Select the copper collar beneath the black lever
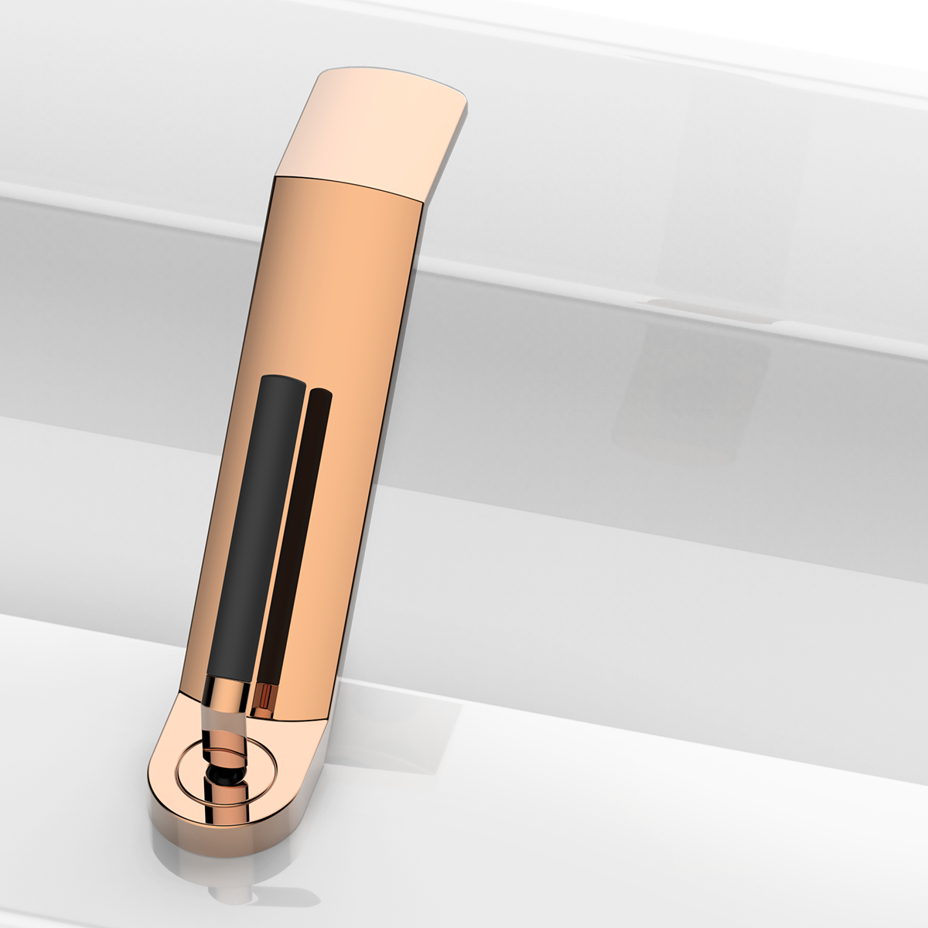(227, 691)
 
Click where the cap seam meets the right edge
(421, 203)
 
